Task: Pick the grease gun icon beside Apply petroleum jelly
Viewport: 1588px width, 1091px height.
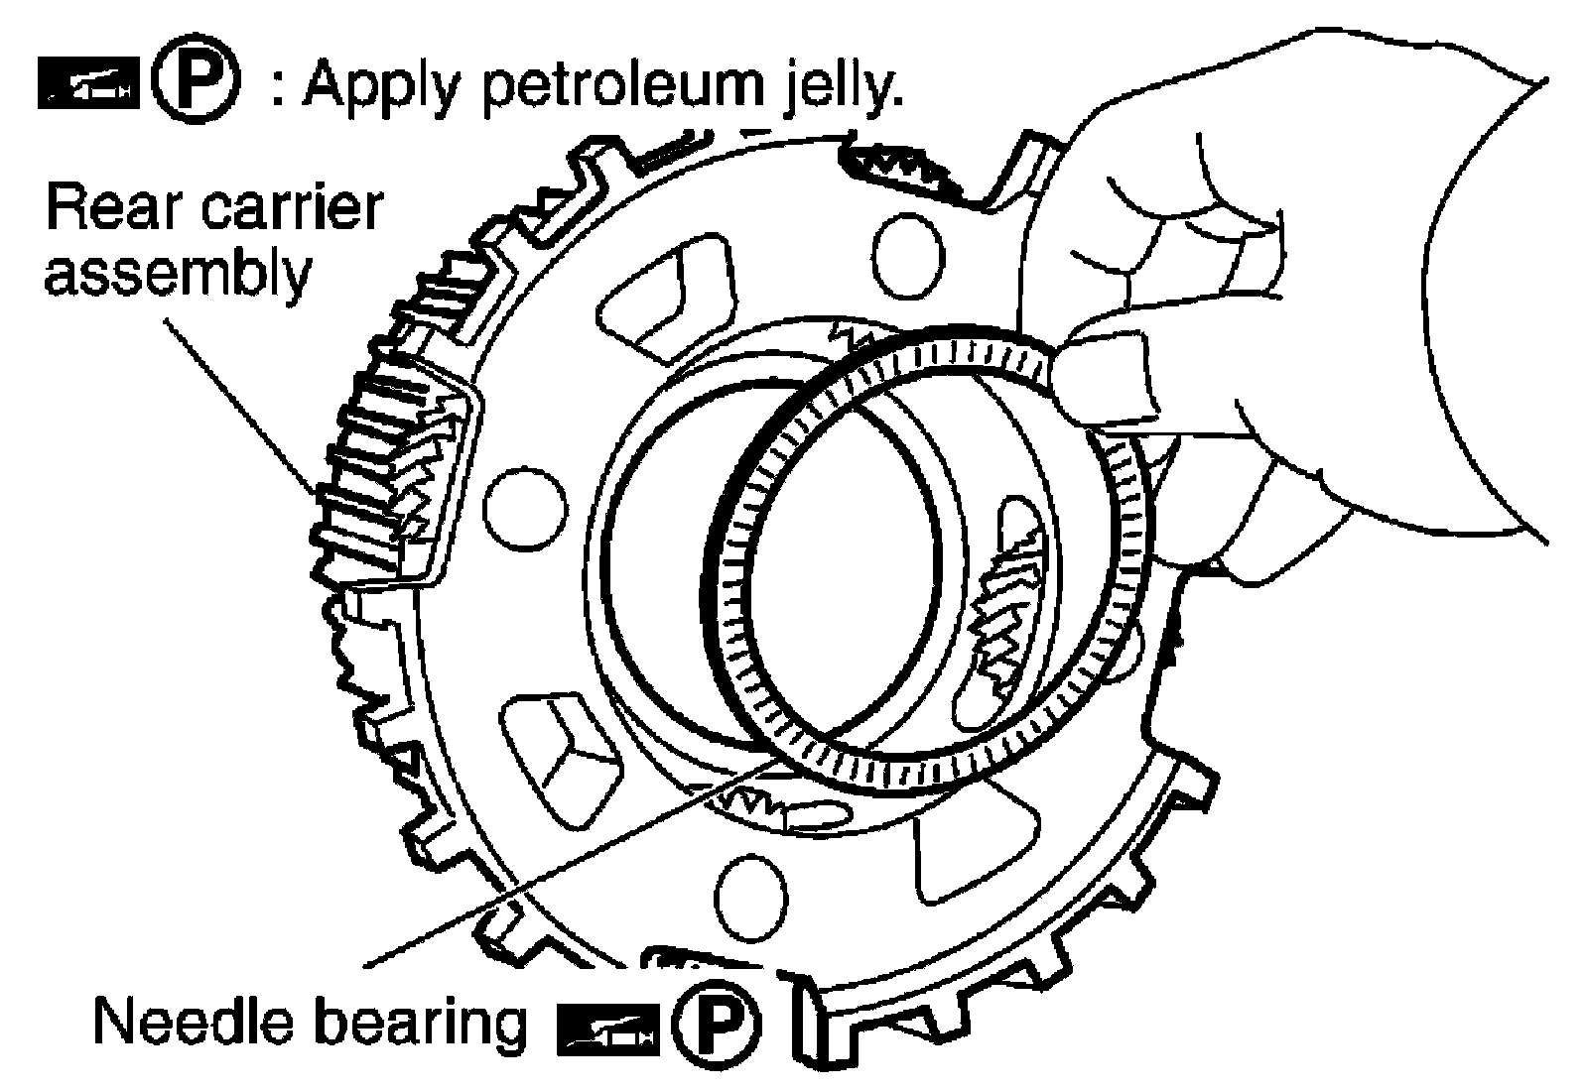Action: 88,84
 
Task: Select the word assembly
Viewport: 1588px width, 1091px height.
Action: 178,274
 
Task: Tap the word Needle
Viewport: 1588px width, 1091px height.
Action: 193,1022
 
